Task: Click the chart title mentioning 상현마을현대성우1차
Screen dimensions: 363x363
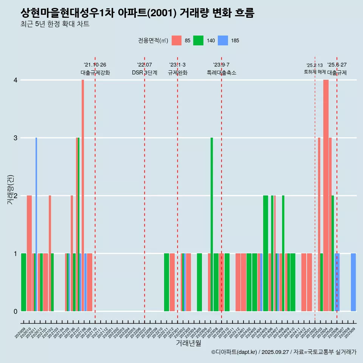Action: click(138, 13)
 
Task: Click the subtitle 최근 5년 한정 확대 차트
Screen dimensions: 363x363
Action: click(55, 25)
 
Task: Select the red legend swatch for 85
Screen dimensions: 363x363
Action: click(177, 40)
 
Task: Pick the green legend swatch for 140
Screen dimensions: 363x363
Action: click(198, 40)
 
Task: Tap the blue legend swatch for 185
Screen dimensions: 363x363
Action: click(223, 40)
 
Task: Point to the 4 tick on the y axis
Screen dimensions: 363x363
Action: click(16, 80)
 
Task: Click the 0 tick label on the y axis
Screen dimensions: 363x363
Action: click(16, 312)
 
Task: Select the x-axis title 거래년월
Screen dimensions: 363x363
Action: click(188, 343)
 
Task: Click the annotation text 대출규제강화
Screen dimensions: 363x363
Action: click(95, 73)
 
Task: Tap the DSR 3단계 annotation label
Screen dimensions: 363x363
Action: click(144, 73)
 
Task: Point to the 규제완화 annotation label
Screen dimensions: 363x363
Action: click(178, 73)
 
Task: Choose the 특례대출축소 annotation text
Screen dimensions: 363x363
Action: click(222, 73)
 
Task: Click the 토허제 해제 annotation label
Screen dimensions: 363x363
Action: click(315, 71)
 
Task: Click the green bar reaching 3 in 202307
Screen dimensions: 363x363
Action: click(212, 225)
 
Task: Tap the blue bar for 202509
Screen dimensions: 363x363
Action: click(353, 282)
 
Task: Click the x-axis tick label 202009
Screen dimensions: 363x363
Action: click(20, 333)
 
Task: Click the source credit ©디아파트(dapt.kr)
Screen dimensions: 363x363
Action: click(234, 352)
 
